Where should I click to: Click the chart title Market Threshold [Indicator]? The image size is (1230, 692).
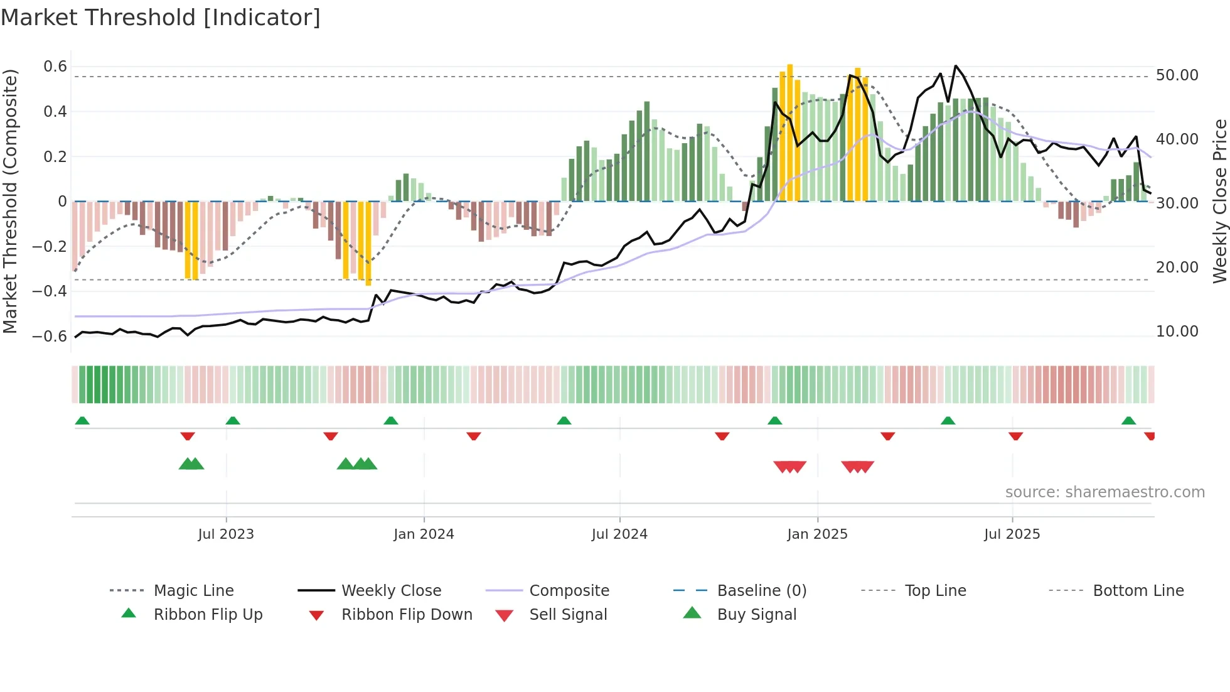161,18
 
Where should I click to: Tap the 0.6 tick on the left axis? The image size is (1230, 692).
55,67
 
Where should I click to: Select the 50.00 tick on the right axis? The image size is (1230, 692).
1177,75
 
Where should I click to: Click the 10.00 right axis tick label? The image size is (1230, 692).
1177,332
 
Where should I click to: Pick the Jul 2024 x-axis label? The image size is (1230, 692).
619,534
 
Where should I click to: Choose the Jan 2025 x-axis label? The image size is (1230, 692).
817,534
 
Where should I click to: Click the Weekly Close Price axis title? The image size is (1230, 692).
1219,201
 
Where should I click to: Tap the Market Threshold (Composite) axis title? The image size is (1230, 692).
10,201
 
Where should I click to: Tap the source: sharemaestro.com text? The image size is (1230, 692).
1104,492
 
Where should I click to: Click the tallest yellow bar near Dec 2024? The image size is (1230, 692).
790,132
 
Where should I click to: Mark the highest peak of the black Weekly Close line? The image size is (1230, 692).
955,66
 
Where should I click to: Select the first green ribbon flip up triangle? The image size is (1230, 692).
82,421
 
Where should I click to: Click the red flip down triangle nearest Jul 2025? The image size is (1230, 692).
1015,436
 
